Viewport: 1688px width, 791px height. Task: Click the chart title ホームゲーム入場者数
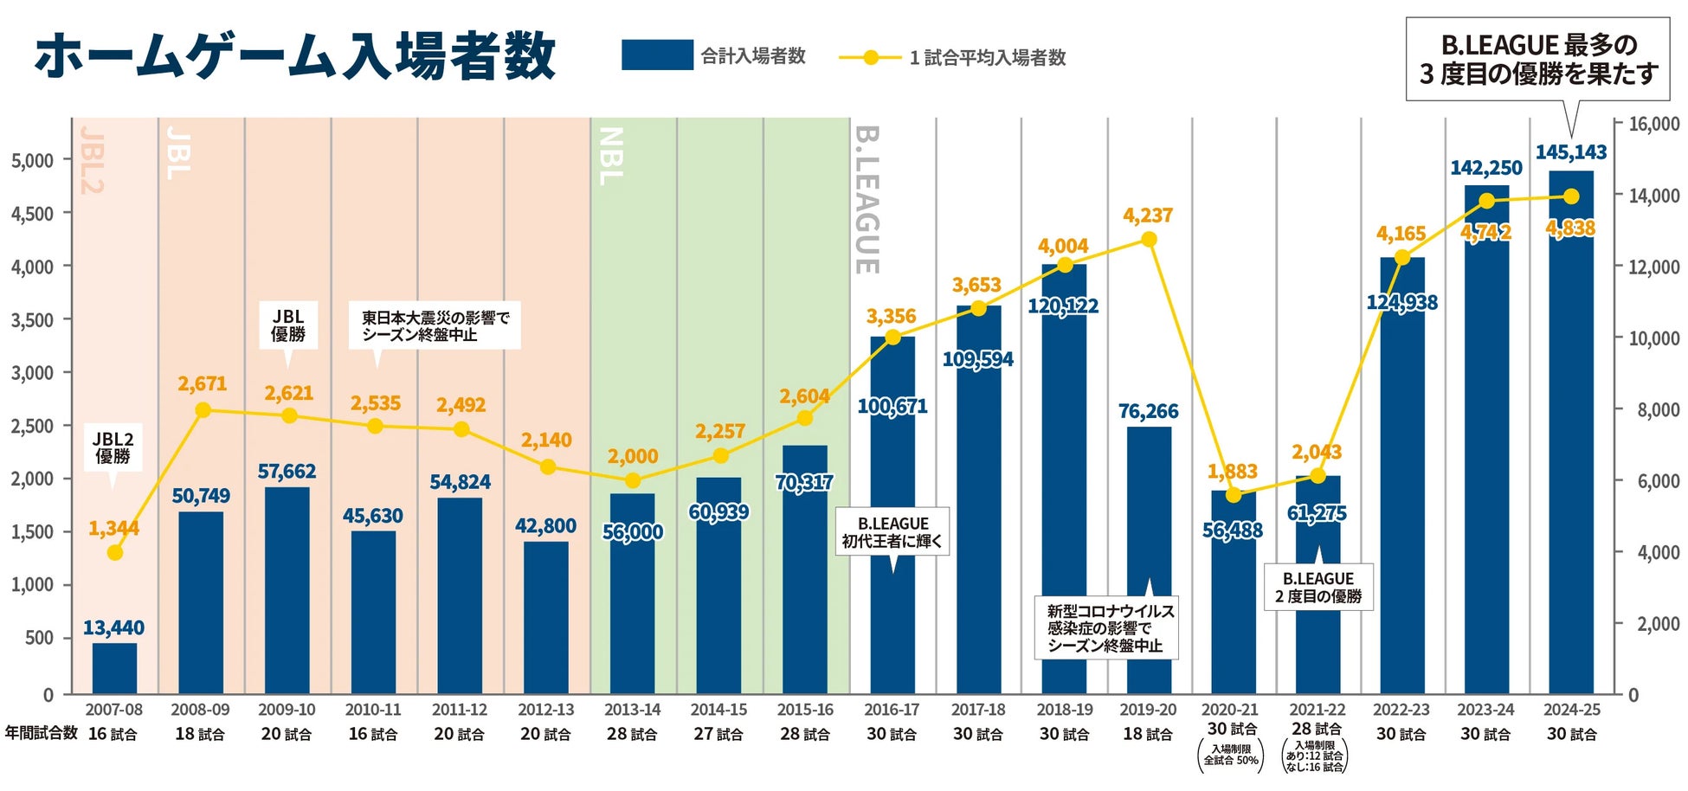(294, 56)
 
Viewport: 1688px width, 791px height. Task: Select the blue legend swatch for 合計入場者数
(657, 55)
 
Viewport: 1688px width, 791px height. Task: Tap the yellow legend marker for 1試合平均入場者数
(871, 58)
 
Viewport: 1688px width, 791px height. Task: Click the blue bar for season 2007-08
(114, 668)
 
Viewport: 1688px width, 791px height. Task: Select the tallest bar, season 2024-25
(1571, 433)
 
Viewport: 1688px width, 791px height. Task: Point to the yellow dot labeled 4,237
(1149, 240)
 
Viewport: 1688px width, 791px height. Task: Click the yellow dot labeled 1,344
(114, 552)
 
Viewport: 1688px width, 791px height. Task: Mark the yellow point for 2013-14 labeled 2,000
(633, 480)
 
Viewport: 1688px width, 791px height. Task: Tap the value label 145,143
(1570, 152)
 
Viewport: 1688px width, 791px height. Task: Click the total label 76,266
(1148, 411)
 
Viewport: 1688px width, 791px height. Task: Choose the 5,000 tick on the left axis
(32, 161)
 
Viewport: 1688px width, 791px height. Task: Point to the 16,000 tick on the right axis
(1653, 125)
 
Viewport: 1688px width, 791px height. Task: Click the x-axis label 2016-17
(892, 710)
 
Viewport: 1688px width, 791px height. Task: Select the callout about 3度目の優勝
(1537, 59)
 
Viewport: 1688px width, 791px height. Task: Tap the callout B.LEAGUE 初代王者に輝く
(892, 532)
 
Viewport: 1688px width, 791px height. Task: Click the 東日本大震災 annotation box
(435, 325)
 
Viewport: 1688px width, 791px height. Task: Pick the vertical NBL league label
(611, 157)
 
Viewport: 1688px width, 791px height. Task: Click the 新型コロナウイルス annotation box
(1106, 628)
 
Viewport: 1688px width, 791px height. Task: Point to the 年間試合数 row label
(41, 733)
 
